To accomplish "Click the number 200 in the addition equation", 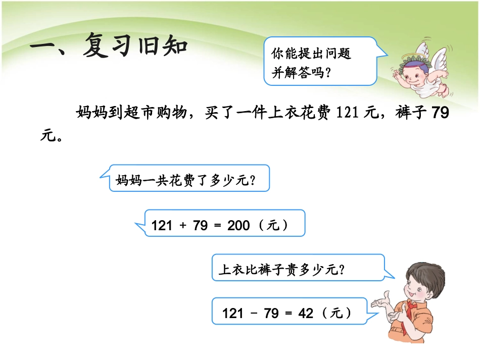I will [238, 225].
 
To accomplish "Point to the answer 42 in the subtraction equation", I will [306, 313].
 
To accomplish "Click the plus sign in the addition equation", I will [183, 225].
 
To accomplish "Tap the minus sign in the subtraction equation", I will [254, 313].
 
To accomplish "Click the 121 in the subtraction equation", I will [233, 313].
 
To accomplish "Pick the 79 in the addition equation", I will [200, 225].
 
